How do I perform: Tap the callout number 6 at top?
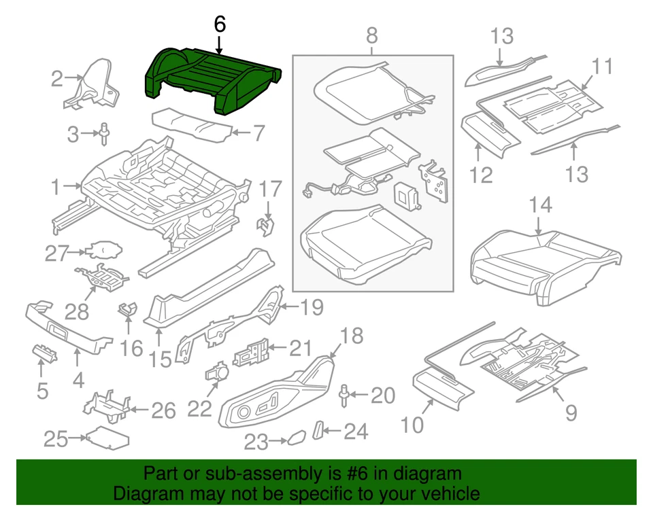[x=219, y=24]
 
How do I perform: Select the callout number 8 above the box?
[x=371, y=33]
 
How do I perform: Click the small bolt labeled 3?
[x=105, y=133]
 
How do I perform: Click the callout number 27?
[x=58, y=253]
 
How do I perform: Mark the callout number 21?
[x=299, y=349]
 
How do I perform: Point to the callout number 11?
[x=601, y=67]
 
